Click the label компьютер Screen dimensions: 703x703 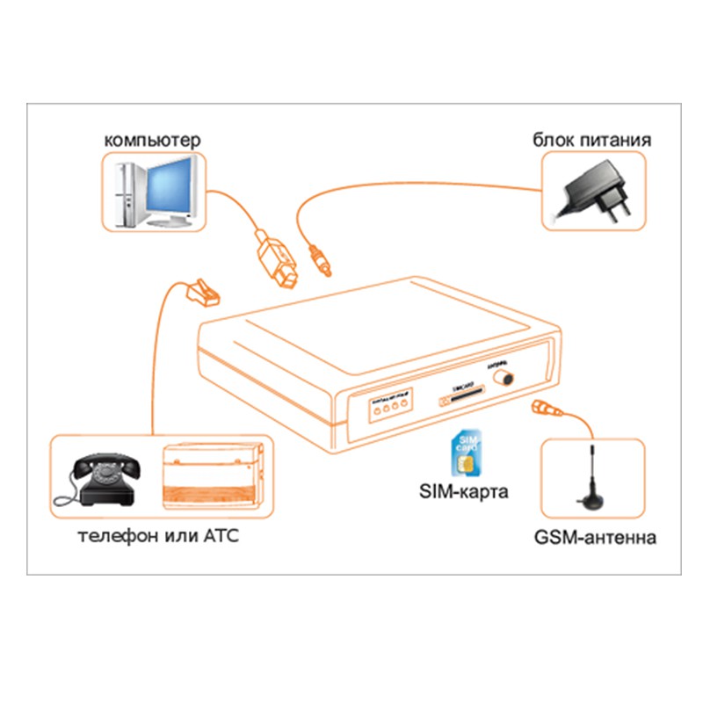153,140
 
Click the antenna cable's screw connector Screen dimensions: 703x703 542,409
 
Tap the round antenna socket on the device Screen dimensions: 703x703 504,378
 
